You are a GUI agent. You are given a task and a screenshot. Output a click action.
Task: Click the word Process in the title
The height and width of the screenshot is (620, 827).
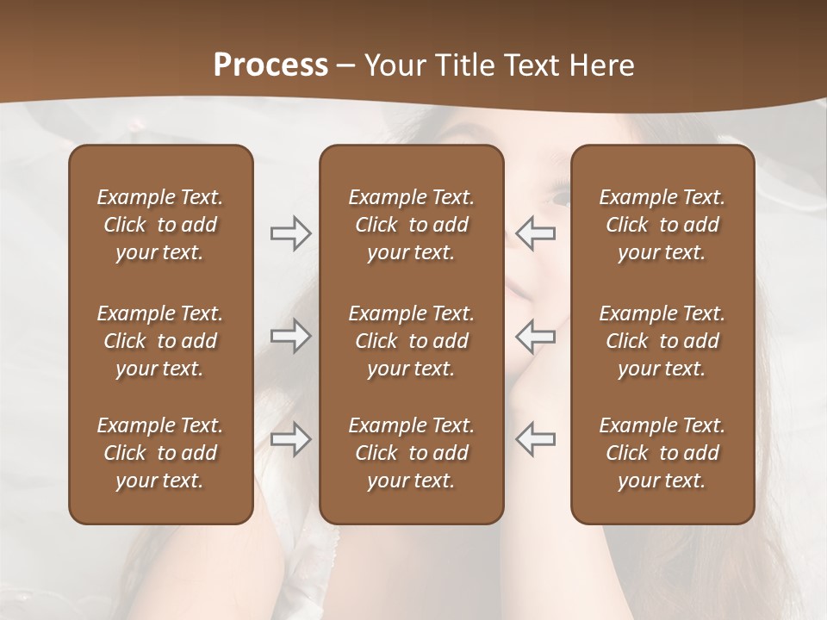click(270, 65)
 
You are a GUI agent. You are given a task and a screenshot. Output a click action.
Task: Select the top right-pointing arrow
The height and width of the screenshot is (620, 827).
click(290, 233)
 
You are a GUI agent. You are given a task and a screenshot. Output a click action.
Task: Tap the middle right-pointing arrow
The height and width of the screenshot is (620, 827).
click(290, 336)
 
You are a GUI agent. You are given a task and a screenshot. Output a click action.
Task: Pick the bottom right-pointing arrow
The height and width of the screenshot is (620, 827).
click(290, 440)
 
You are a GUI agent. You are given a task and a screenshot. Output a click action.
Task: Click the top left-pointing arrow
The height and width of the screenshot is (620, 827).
click(536, 233)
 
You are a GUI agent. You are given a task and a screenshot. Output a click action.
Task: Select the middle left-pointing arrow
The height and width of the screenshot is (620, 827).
click(536, 336)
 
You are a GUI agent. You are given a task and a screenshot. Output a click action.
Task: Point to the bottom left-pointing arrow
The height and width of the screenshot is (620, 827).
click(536, 440)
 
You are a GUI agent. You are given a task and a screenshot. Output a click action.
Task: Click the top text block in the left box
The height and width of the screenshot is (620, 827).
click(160, 225)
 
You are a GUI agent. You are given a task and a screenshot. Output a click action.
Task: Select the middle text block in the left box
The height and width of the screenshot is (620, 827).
click(160, 341)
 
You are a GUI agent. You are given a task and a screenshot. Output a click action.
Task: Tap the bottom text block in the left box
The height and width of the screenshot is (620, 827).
click(160, 453)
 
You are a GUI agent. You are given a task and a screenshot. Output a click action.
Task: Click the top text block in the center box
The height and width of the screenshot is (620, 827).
click(411, 225)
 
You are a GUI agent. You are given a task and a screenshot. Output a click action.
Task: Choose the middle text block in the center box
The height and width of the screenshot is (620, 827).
click(411, 341)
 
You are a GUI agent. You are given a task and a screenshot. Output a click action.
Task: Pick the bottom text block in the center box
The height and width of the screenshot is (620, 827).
click(411, 453)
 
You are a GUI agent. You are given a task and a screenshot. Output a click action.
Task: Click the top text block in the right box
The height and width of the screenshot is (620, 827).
click(662, 225)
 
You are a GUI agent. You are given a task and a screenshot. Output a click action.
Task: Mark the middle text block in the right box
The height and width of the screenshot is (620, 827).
click(662, 341)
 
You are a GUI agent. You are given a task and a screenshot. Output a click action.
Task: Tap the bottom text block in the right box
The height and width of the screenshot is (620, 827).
click(662, 453)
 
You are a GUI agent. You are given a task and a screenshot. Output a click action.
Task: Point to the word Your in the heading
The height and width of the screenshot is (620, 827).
click(393, 65)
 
